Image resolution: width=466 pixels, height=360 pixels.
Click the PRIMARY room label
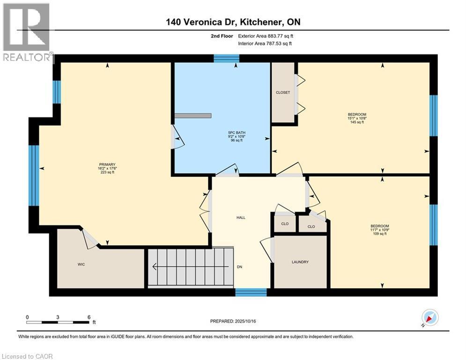(x=106, y=164)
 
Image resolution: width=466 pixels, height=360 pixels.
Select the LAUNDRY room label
(x=300, y=262)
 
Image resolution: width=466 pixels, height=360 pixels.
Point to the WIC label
(x=81, y=264)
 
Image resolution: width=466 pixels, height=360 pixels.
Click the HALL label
(x=241, y=217)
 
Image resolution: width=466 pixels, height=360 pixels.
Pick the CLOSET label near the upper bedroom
(x=283, y=92)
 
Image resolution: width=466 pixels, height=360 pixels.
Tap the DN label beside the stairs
(x=239, y=267)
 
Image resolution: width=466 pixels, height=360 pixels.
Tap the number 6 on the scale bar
(x=89, y=317)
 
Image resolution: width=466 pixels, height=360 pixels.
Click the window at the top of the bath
(x=227, y=58)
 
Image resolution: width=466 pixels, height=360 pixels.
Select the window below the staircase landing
(x=251, y=292)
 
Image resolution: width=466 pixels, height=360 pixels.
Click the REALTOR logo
(x=26, y=33)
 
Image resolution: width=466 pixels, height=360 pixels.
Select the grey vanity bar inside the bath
(x=193, y=115)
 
